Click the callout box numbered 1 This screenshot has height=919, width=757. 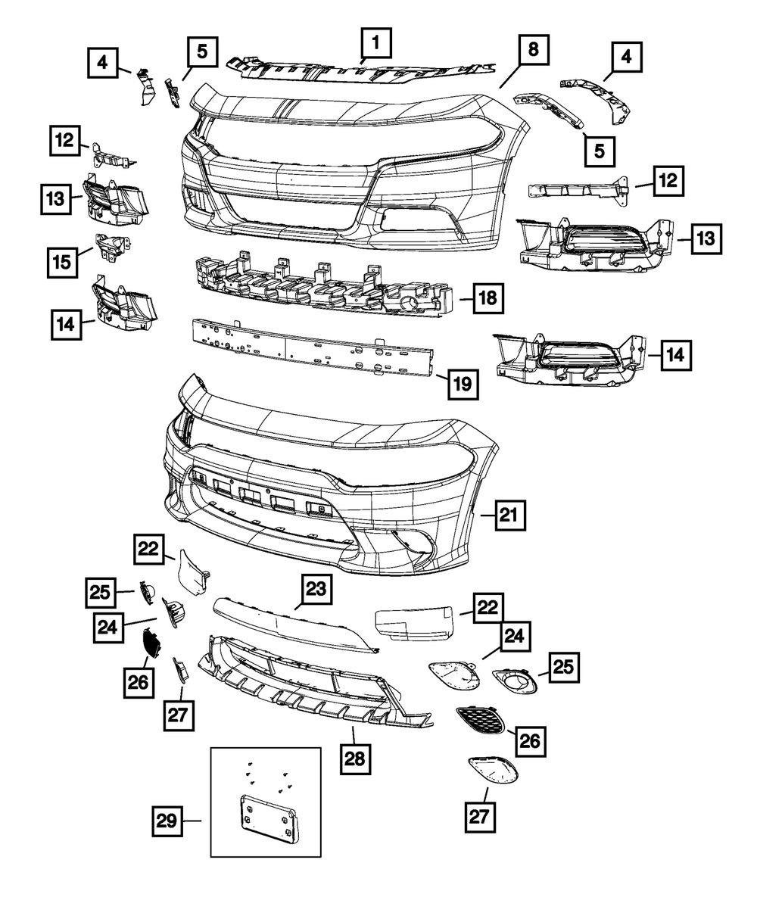pos(376,43)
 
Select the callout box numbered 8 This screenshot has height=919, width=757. pos(534,51)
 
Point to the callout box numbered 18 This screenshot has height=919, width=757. pos(488,299)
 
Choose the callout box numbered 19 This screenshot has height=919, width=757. pos(463,384)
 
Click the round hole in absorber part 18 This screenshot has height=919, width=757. pos(413,305)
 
